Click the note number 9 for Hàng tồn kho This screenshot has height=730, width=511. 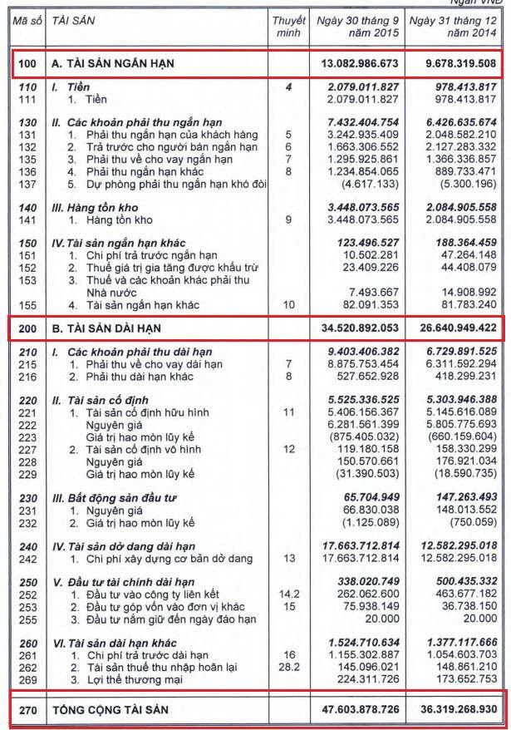[x=288, y=219]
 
